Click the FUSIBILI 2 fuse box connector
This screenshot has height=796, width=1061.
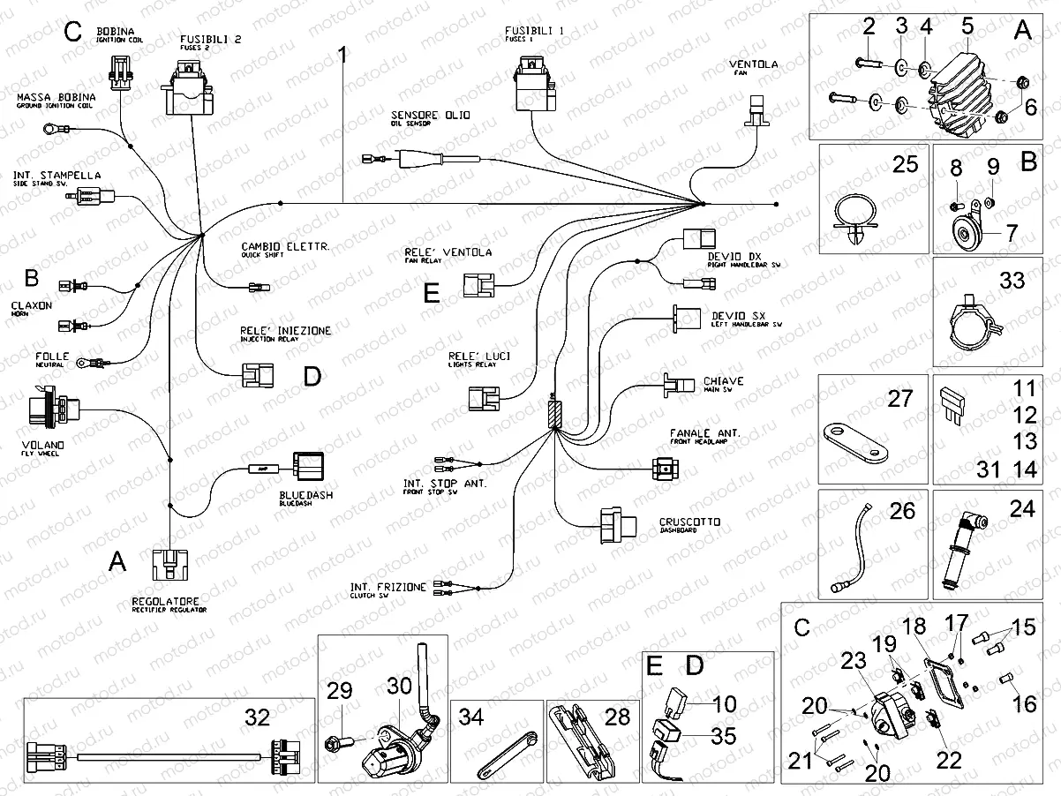[189, 89]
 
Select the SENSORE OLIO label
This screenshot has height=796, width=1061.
[432, 116]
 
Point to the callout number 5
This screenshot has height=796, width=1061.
[967, 26]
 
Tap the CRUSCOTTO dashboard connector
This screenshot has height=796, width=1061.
[617, 522]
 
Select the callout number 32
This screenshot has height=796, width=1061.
[258, 717]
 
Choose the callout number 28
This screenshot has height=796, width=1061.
[617, 717]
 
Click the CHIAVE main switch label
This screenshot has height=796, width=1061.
[723, 381]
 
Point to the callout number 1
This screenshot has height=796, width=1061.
[343, 57]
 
